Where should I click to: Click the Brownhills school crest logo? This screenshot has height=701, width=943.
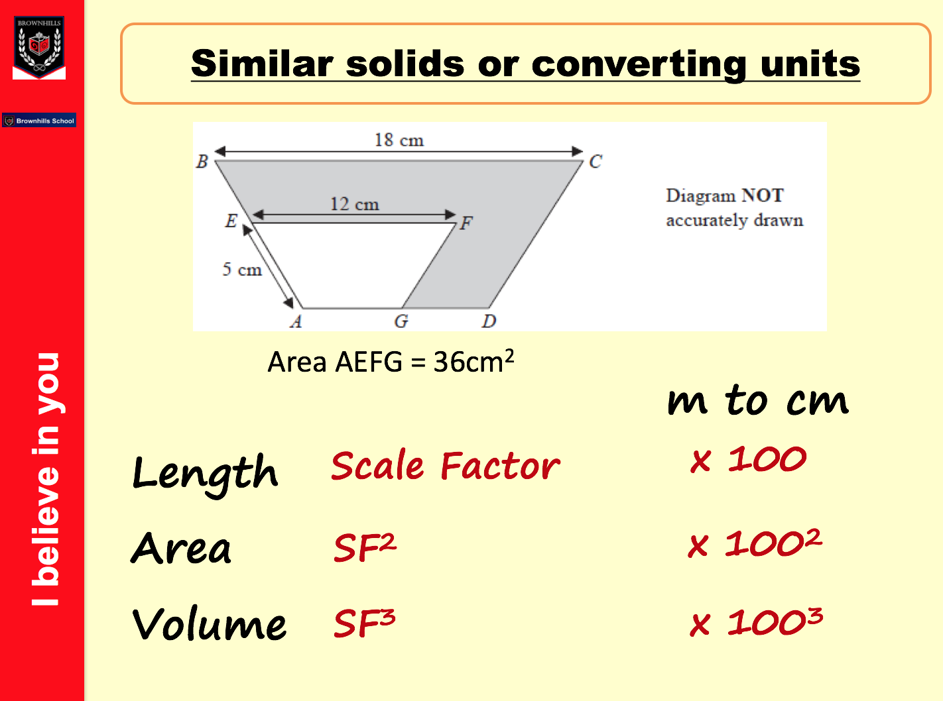click(39, 47)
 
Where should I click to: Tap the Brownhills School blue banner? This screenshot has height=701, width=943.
click(39, 120)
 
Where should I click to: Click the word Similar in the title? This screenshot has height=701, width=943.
click(262, 64)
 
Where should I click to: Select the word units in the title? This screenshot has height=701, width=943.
click(810, 64)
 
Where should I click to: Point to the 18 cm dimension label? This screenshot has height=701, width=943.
click(399, 140)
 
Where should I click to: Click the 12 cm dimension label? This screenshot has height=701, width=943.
click(355, 204)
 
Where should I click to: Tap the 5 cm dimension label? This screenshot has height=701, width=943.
click(242, 270)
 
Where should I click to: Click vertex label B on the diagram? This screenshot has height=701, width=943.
click(202, 162)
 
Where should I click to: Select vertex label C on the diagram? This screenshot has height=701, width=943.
click(596, 162)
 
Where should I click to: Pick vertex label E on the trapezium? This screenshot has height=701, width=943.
click(231, 221)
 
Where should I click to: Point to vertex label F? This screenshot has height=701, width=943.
click(466, 223)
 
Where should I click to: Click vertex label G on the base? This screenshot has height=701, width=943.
click(401, 321)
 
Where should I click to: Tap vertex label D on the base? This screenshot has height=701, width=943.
click(489, 321)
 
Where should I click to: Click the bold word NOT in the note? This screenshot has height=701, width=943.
click(763, 195)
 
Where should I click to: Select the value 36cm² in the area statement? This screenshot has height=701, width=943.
click(473, 361)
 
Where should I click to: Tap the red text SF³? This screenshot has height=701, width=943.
click(364, 623)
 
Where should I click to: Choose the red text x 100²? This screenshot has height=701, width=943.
click(755, 543)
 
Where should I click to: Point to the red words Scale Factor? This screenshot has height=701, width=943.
click(446, 466)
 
